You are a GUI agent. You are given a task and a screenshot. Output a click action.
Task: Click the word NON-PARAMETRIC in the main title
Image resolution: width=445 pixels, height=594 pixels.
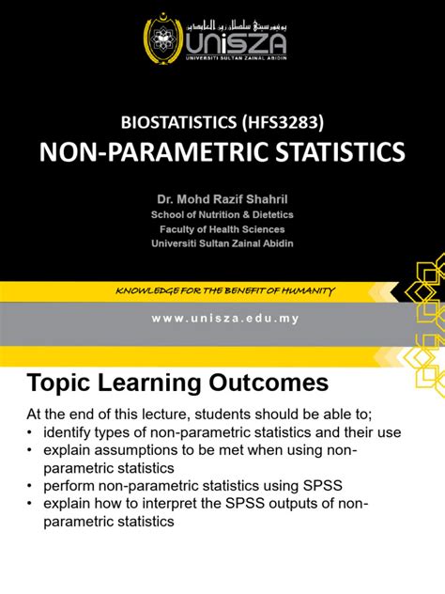click(x=139, y=152)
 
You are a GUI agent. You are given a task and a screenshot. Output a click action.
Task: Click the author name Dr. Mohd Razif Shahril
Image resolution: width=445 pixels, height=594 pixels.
click(x=222, y=198)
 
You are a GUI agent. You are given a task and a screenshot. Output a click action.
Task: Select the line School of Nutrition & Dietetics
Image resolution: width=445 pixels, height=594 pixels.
click(x=222, y=214)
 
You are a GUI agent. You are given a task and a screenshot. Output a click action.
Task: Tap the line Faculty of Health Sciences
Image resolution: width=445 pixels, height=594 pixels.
click(x=222, y=229)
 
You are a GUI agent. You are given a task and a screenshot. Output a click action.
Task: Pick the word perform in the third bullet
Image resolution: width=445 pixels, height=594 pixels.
click(x=68, y=486)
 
